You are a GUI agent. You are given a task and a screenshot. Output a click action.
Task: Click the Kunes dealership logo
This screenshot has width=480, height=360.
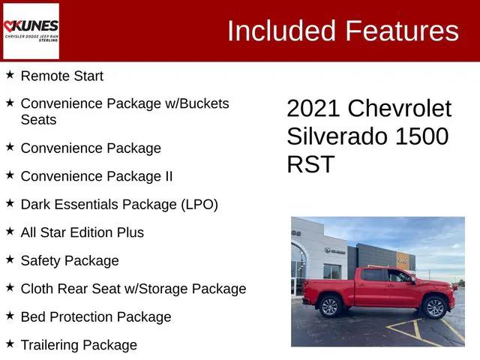[31, 31]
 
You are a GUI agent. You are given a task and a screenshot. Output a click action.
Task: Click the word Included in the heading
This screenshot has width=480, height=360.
[281, 31]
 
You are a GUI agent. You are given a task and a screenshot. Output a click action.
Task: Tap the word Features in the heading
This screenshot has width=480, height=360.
[402, 31]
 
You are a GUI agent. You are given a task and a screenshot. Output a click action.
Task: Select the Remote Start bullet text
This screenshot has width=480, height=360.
[62, 76]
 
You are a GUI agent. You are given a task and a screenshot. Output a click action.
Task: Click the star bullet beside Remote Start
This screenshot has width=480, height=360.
[10, 75]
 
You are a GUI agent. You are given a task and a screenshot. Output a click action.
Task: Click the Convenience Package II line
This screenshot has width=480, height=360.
[97, 176]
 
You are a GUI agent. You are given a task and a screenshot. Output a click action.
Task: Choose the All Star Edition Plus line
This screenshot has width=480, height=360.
[82, 232]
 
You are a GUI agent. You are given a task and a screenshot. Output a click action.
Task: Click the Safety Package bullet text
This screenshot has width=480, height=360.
[70, 261]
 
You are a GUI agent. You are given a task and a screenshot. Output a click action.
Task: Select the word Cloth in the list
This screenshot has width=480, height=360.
[37, 289]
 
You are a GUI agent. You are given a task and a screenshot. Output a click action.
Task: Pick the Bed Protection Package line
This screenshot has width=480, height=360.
[96, 317]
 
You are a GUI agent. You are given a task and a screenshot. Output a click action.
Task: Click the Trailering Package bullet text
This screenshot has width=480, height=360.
[79, 345]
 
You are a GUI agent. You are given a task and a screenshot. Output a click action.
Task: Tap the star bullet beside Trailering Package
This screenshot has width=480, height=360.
[10, 344]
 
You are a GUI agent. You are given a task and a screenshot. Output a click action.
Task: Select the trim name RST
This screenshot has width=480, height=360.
[310, 164]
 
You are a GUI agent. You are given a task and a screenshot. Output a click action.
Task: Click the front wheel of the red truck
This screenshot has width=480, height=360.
[434, 307]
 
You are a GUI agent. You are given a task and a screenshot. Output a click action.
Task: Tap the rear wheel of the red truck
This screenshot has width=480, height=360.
[330, 306]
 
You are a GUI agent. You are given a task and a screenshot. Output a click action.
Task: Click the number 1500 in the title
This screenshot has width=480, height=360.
[421, 136]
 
